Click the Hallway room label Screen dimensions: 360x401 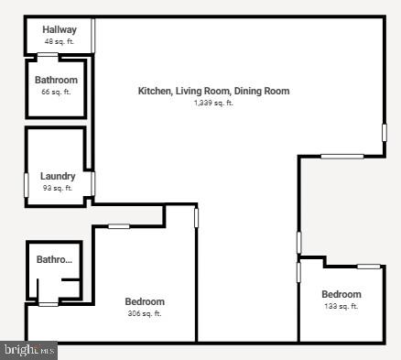pyautogui.click(x=59, y=30)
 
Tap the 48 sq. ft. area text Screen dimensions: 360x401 pyautogui.click(x=59, y=42)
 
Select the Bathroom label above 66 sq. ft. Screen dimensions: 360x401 pyautogui.click(x=56, y=80)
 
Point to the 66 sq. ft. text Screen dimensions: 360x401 pyautogui.click(x=56, y=92)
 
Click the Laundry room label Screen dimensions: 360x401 pyautogui.click(x=58, y=176)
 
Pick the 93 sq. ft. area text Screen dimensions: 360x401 pyautogui.click(x=58, y=188)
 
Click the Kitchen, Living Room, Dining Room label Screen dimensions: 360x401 pyautogui.click(x=213, y=91)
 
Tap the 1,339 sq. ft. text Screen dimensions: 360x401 pyautogui.click(x=213, y=103)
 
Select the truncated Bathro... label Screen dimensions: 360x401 pyautogui.click(x=53, y=260)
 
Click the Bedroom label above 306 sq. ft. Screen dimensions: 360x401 pyautogui.click(x=145, y=301)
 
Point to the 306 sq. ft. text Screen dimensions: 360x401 pyautogui.click(x=145, y=313)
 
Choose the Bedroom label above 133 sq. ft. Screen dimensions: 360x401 pyautogui.click(x=341, y=294)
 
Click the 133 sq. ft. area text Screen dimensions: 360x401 pyautogui.click(x=341, y=306)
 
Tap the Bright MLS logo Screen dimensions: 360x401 pyautogui.click(x=29, y=350)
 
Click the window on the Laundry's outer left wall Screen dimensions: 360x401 pyautogui.click(x=26, y=182)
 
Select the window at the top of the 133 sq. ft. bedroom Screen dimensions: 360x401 pyautogui.click(x=368, y=267)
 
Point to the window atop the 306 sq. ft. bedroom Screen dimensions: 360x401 pyautogui.click(x=119, y=226)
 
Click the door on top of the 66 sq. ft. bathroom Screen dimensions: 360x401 pyautogui.click(x=48, y=56)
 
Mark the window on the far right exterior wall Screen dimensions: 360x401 pyautogui.click(x=385, y=132)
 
